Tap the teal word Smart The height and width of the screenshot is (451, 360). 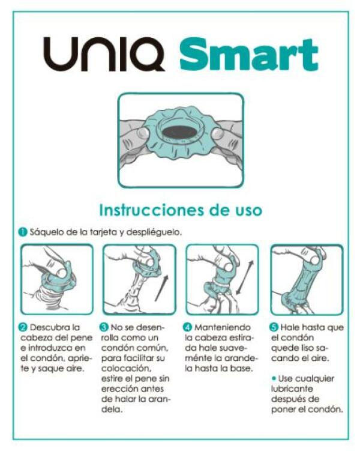tap(248, 55)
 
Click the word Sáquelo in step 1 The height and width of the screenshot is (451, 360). tap(44, 232)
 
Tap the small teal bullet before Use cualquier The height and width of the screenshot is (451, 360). tap(274, 379)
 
